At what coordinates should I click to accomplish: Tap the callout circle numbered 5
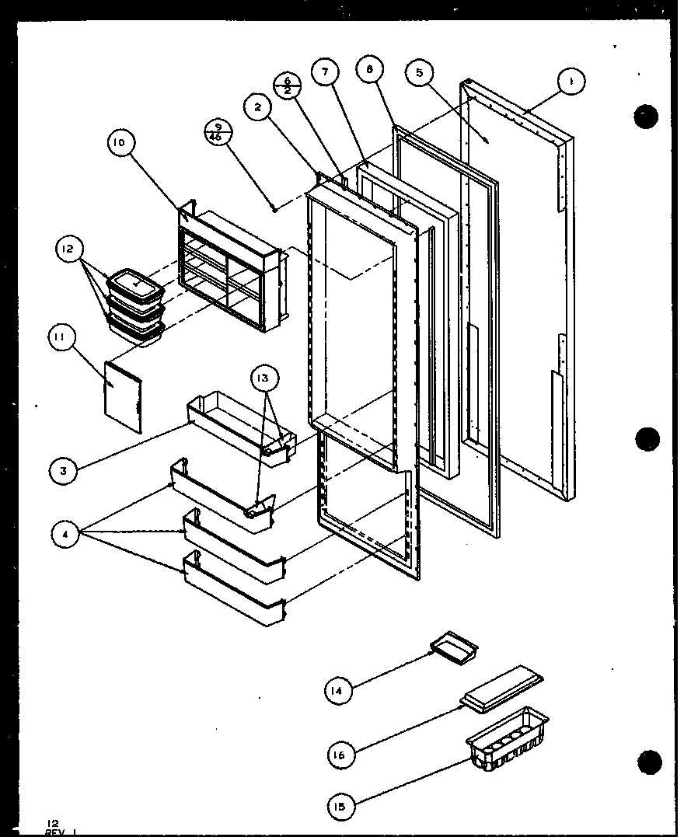[x=420, y=73]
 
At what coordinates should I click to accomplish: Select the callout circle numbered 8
[x=369, y=70]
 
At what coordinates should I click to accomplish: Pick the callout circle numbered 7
[x=325, y=72]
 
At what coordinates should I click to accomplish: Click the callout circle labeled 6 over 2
[x=287, y=85]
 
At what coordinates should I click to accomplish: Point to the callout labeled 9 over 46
[x=217, y=132]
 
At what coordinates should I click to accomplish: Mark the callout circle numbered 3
[x=62, y=470]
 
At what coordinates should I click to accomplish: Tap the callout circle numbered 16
[x=339, y=753]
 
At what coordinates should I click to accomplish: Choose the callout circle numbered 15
[x=339, y=806]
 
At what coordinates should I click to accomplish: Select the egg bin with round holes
[x=507, y=738]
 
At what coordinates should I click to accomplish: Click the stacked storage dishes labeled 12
[x=137, y=306]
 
